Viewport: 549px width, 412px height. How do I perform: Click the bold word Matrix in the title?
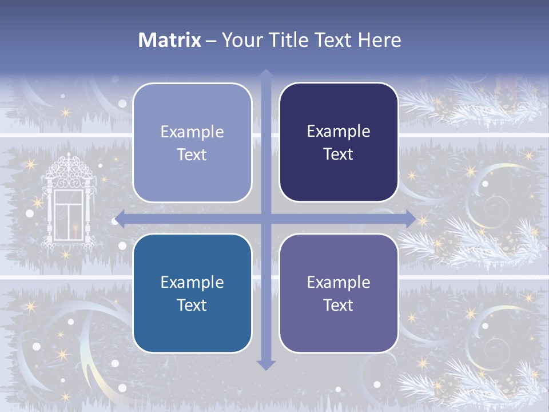tap(170, 40)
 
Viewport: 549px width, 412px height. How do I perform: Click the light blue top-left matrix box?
tap(192, 142)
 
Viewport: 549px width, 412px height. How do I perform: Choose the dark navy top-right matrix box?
tap(339, 142)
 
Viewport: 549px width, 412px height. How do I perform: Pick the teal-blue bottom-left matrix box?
tap(192, 293)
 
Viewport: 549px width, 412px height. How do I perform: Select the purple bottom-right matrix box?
tap(339, 293)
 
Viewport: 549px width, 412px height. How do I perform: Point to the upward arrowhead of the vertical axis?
tap(265, 75)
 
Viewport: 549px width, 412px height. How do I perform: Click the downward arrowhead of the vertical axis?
tap(265, 364)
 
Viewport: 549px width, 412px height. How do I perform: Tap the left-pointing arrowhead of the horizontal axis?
tap(119, 219)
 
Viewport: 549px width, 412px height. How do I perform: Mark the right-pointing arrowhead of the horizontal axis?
tap(411, 219)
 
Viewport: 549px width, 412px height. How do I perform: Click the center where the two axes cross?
tap(265, 219)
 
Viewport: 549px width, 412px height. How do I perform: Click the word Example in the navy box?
tap(339, 131)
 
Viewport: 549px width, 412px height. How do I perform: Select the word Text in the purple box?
tap(339, 305)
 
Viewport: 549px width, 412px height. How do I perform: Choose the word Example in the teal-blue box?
tap(192, 282)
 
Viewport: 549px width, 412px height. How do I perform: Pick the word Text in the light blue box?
tap(192, 154)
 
